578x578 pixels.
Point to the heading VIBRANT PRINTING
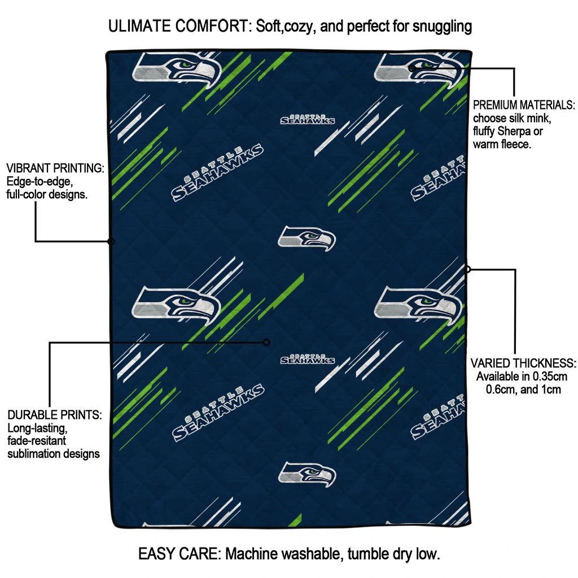pos(55,168)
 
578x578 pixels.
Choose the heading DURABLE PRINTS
pos(55,415)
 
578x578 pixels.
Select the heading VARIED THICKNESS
pos(523,363)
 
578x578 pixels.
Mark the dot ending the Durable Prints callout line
pos(266,342)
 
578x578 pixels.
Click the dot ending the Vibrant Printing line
pos(111,242)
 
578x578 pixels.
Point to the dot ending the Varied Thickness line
pos(467,269)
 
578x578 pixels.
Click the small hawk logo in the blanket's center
pos(306,238)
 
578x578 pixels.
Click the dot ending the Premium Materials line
pos(412,68)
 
